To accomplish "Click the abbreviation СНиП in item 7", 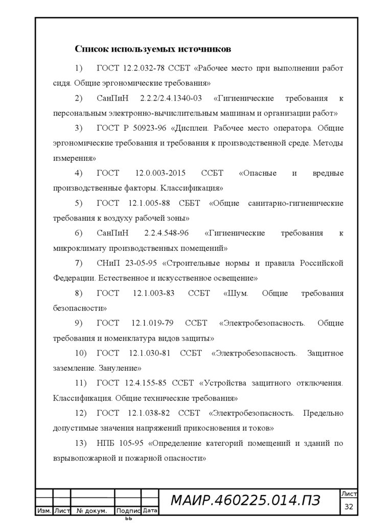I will pos(107,264).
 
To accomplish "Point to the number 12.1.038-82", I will pos(148,413).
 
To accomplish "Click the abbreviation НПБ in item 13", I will pos(105,443).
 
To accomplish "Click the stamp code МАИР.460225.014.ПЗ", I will pos(245,502).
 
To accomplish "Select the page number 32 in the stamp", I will pos(350,507).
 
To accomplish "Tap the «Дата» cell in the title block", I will pos(150,510).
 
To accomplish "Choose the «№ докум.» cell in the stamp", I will pos(91,511).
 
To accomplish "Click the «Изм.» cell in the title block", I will pos(43,511).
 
